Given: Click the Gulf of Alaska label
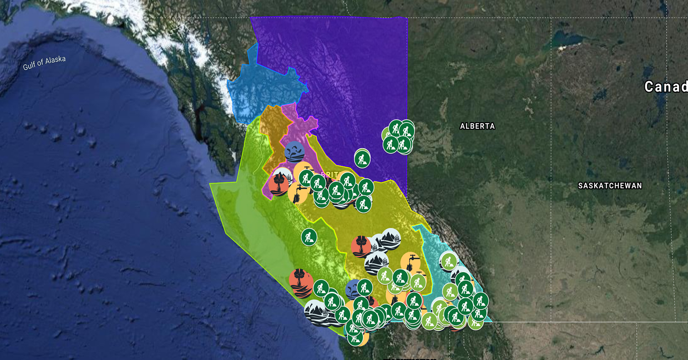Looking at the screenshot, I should (44, 63).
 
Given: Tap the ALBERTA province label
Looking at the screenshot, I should (477, 126).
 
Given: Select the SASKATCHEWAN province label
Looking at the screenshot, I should (610, 186).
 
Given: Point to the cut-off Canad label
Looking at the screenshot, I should (665, 87).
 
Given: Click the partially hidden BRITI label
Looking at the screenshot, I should (330, 174).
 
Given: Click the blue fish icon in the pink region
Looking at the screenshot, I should (295, 151).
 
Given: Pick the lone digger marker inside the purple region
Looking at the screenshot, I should (362, 159).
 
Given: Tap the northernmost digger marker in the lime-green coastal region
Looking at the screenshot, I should (309, 237).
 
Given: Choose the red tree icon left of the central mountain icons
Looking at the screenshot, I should (361, 246).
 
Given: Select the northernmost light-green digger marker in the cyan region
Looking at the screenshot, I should (448, 261).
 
